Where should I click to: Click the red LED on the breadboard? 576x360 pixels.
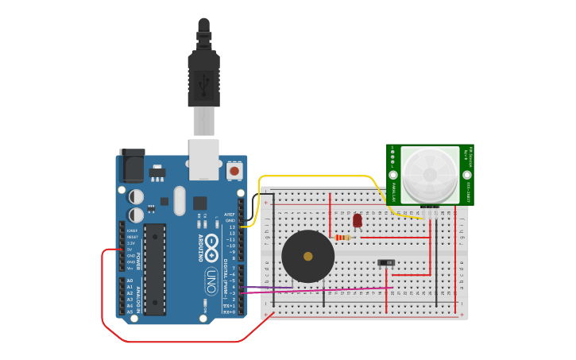358,220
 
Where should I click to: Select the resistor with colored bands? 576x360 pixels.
343,237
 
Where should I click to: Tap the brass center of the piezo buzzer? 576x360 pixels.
308,257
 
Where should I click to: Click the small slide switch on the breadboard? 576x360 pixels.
386,262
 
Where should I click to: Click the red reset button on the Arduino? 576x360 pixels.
234,170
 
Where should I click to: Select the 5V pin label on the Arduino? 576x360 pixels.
130,250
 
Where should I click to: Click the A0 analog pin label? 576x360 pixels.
130,281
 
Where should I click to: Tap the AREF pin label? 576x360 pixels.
230,215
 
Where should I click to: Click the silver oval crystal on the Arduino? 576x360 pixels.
179,200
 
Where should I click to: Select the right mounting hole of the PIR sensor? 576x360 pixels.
466,175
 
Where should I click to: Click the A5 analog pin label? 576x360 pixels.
130,312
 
